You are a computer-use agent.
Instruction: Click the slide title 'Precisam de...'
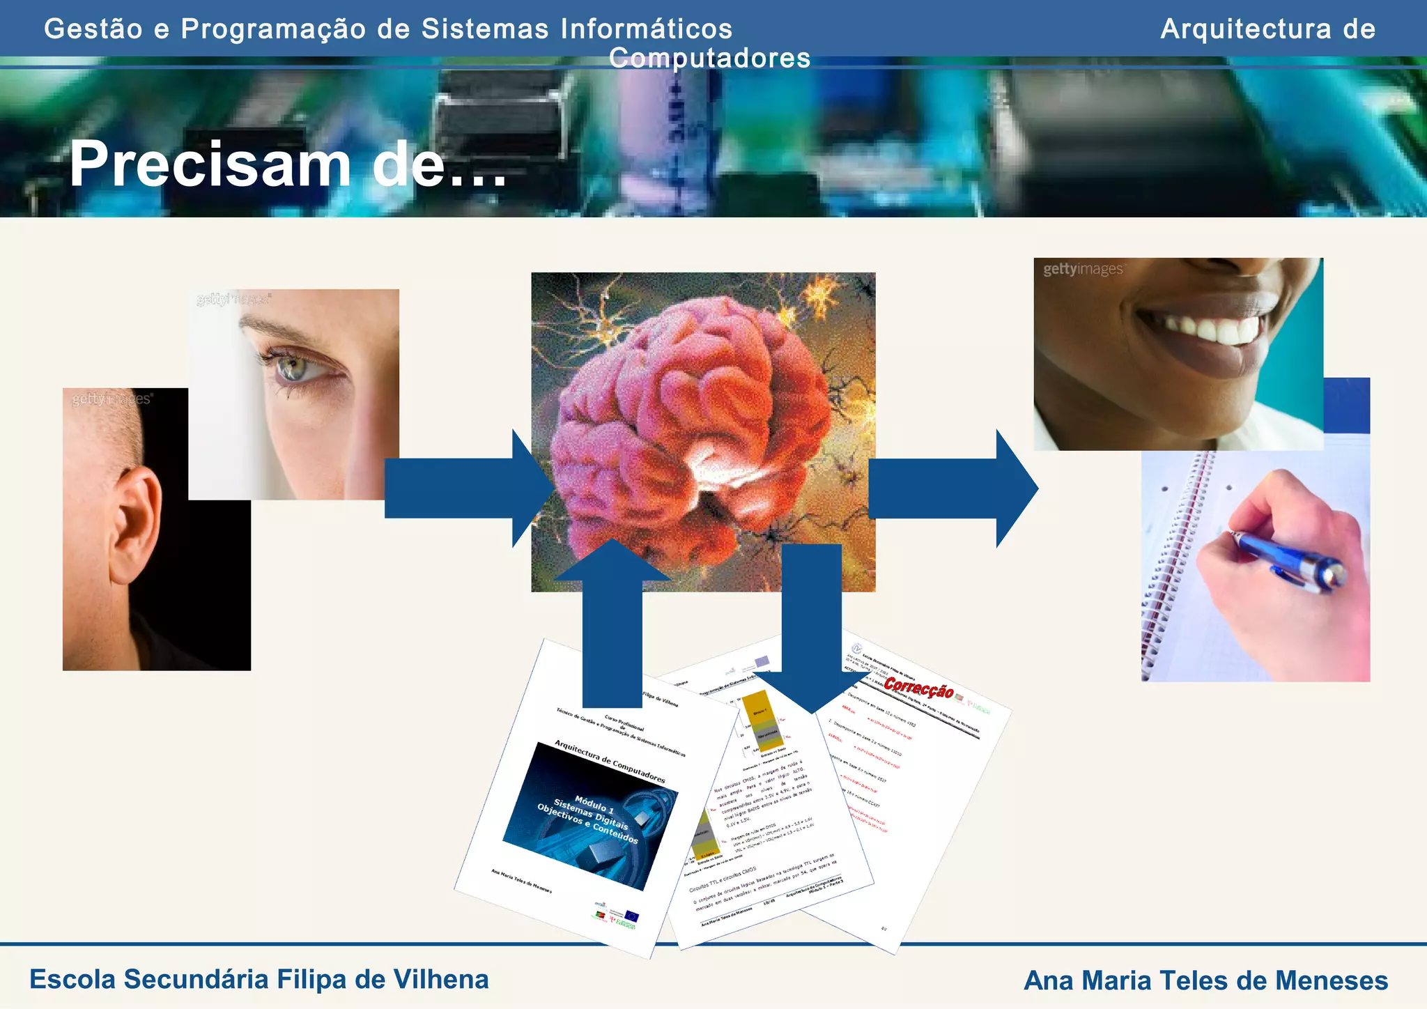coord(287,164)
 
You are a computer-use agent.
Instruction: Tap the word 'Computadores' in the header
coord(709,58)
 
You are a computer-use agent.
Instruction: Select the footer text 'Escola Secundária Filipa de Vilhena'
coord(259,979)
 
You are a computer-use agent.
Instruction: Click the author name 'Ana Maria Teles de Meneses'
coord(1205,980)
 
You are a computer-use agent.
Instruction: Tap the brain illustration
coord(697,418)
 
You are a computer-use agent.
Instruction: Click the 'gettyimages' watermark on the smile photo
coord(1083,269)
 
